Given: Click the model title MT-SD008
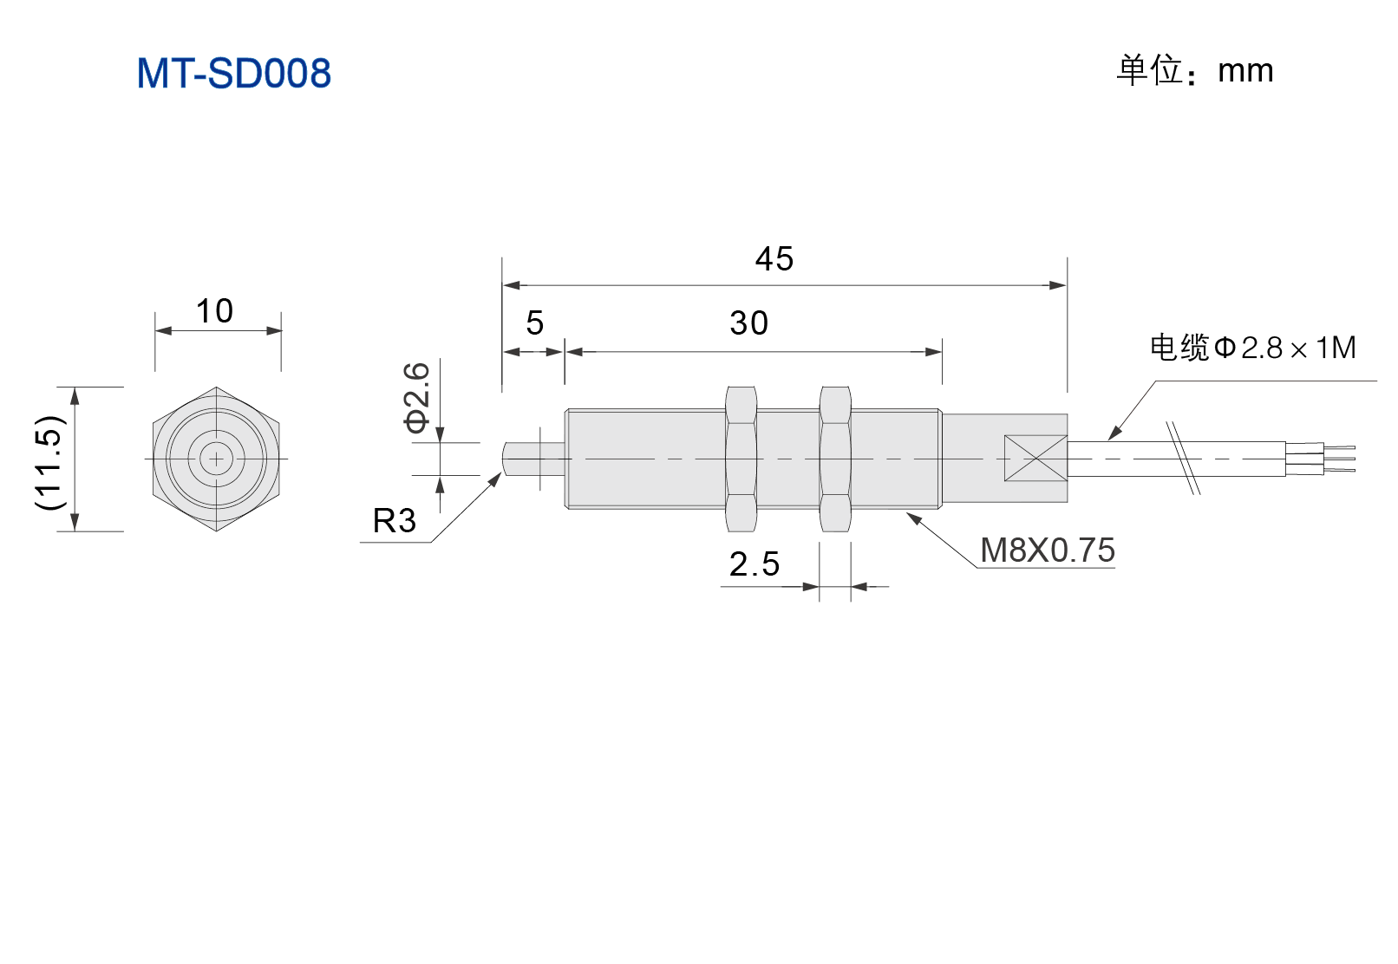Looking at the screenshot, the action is pos(233,73).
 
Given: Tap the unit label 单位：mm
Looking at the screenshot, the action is pos(1194,70).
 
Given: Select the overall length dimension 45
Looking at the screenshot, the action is pos(774,258).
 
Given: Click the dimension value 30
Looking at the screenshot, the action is pos(748,323).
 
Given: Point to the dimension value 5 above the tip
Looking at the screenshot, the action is pos(534,323).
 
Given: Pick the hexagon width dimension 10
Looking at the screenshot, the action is pos(215,310).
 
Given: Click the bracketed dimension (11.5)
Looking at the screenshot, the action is pos(49,462).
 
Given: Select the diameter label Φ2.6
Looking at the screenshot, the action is pos(416,397).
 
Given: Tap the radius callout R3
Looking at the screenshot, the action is pos(394,520).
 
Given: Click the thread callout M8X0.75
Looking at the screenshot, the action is pos(1048,550).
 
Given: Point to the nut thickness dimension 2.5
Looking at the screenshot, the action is pos(754,564).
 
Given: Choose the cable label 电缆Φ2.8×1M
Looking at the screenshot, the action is pos(1252,348).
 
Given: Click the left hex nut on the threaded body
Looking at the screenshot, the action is pos(741,459).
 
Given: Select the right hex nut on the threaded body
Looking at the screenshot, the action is pos(835,459).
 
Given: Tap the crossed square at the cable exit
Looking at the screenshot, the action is pos(1035,459).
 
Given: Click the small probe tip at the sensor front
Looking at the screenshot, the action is pos(533,459).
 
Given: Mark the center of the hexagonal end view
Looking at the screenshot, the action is pos(216,459).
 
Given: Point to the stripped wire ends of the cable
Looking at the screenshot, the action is pos(1321,459).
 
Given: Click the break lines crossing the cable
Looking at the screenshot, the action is pos(1183,459).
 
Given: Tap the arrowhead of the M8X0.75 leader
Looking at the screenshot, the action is pos(913,518).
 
